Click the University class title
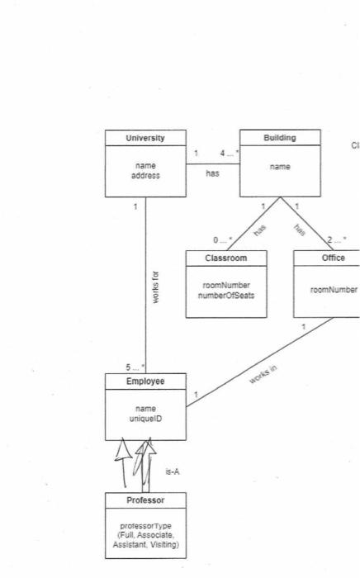pyautogui.click(x=144, y=138)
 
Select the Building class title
pyautogui.click(x=279, y=138)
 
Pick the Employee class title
pyautogui.click(x=144, y=381)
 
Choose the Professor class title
pyautogui.click(x=145, y=501)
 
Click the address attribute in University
pyautogui.click(x=144, y=176)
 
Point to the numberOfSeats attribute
pyautogui.click(x=225, y=294)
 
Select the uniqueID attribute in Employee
pyautogui.click(x=144, y=419)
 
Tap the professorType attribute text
pyautogui.click(x=145, y=526)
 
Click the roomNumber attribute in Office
pyautogui.click(x=333, y=290)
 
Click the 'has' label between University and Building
pyautogui.click(x=212, y=174)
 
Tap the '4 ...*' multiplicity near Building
pyautogui.click(x=227, y=153)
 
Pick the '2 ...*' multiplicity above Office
pyautogui.click(x=336, y=239)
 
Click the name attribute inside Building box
pyautogui.click(x=279, y=167)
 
